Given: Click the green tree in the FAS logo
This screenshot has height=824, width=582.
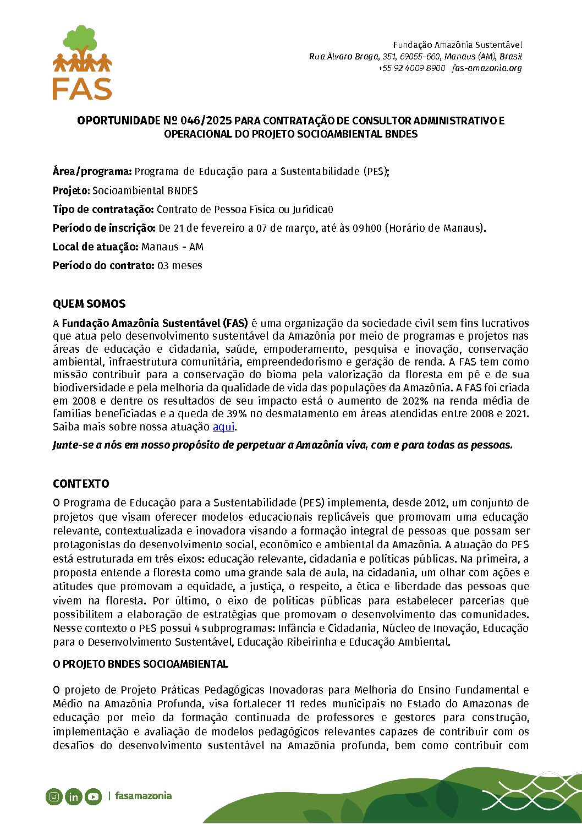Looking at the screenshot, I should pos(81,39).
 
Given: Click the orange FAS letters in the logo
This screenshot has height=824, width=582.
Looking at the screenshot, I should pos(82,89).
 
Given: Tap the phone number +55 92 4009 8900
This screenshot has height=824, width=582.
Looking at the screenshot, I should pos(411,68).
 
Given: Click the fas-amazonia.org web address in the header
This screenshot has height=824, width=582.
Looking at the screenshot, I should pos(487,68).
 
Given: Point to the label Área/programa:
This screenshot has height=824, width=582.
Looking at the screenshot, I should pos(92,171).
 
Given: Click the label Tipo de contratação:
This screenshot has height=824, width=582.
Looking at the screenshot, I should pos(103,209).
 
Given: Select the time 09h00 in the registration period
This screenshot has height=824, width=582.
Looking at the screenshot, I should pos(367,228).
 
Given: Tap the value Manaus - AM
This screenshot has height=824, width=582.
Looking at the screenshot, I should pos(172,247).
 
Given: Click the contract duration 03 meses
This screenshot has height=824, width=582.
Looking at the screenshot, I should pos(180,265).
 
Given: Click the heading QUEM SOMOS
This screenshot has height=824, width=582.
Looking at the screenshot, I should pos(89,304).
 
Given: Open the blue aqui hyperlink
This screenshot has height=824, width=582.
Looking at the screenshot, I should pos(223,427).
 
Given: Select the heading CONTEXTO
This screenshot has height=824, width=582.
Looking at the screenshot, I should pos(81,484).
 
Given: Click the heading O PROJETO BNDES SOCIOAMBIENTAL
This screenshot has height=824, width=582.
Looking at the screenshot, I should pos(140,664).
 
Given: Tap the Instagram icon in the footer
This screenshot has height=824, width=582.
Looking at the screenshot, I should pos(54,796).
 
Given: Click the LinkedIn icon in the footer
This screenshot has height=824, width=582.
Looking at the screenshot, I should pos(73,796).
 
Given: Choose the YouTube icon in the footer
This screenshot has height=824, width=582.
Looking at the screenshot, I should pos(93,796).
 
